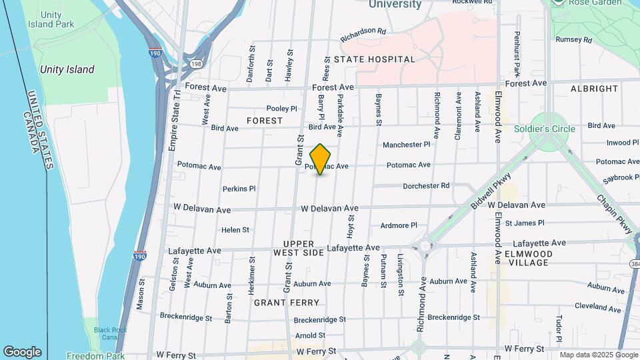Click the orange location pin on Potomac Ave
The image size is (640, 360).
[321, 159]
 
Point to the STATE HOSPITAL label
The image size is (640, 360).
[375, 59]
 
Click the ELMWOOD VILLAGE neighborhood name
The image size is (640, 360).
[537, 258]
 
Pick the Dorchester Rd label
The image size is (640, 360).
[427, 185]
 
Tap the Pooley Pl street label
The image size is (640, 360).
[281, 109]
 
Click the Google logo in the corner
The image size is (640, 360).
[22, 352]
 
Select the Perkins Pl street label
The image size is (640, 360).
[239, 189]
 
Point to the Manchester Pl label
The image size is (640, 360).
[407, 145]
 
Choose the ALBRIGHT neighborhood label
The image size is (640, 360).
[595, 89]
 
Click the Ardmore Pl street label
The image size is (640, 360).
[398, 225]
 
